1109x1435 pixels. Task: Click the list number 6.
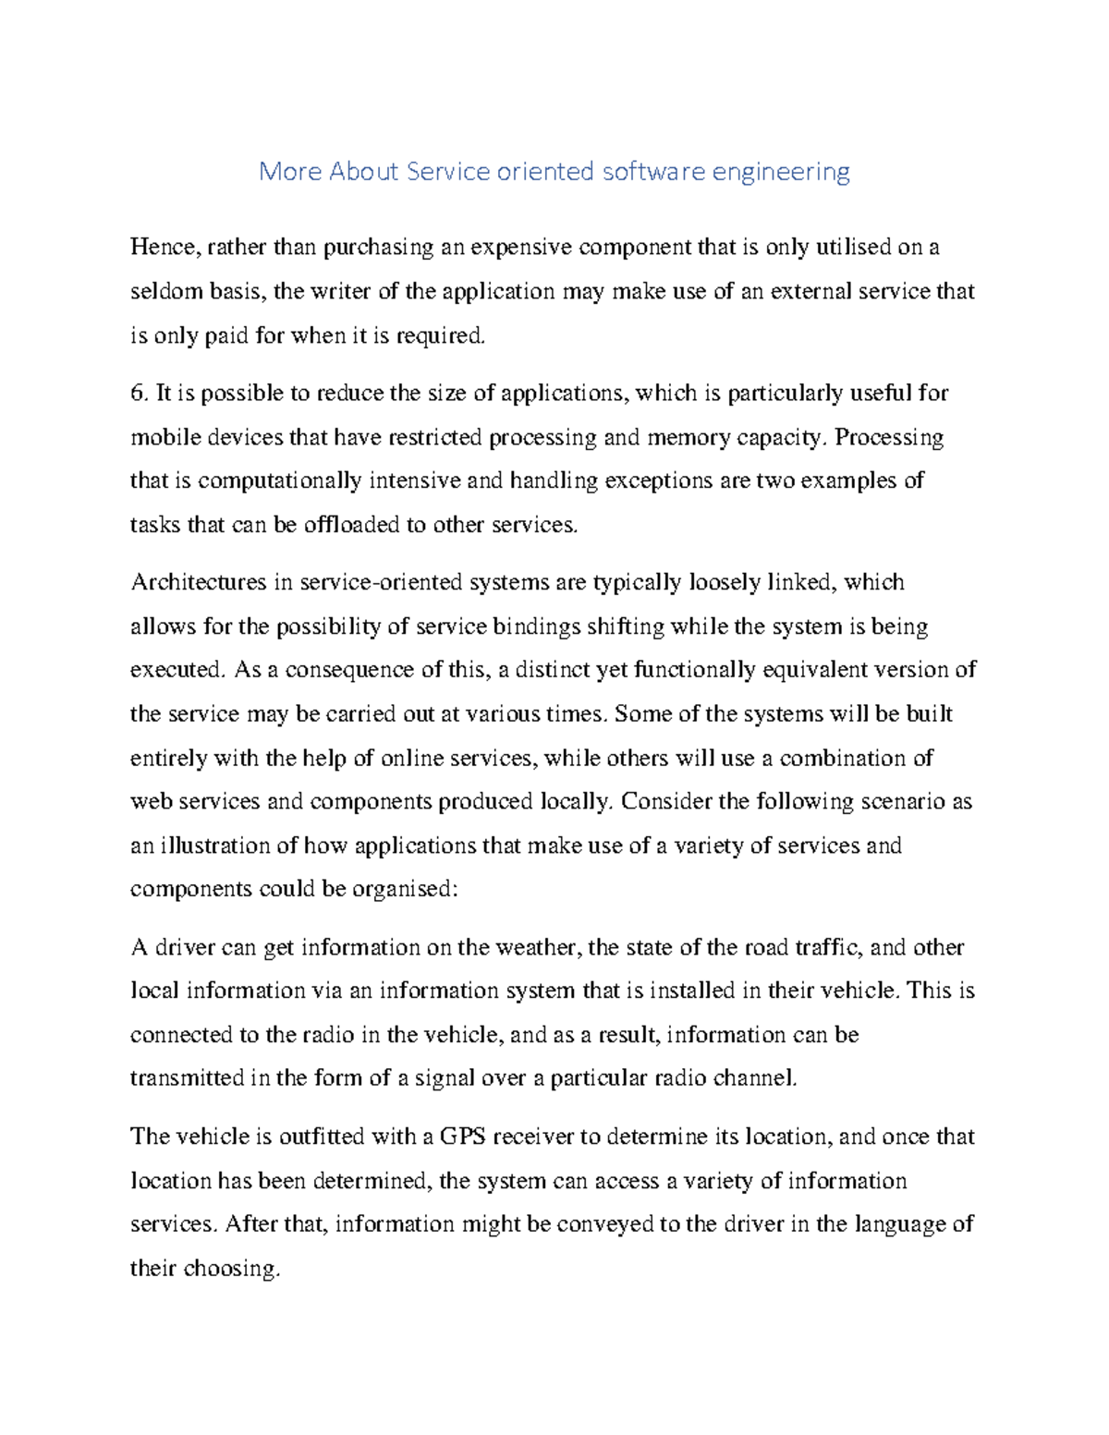(139, 394)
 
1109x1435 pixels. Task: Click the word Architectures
(198, 582)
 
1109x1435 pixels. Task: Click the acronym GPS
(463, 1137)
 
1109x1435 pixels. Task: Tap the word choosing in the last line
(231, 1269)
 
